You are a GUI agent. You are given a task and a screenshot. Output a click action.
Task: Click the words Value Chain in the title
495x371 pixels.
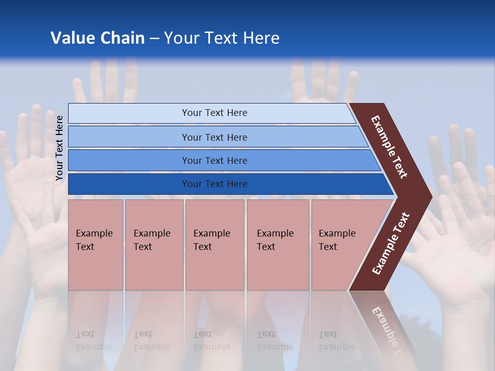tap(97, 38)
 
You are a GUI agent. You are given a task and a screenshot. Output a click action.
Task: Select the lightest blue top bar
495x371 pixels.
tap(129, 113)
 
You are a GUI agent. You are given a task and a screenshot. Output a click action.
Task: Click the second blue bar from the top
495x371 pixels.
tap(129, 137)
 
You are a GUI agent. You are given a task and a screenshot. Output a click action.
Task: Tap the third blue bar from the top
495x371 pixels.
tap(129, 161)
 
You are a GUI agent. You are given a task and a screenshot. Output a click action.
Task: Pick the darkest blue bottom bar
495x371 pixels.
tap(129, 184)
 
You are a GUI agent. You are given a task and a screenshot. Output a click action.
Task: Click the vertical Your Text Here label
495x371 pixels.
tap(59, 148)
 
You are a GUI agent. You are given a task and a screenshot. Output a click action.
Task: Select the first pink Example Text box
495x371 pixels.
tap(95, 245)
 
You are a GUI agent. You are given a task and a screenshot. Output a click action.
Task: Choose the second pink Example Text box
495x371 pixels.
tap(154, 245)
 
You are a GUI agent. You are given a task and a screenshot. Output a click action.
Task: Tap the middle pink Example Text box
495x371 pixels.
tap(214, 245)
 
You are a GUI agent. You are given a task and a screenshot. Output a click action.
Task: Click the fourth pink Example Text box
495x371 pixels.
tap(278, 245)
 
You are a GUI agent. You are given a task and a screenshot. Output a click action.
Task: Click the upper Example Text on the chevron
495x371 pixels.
tap(389, 147)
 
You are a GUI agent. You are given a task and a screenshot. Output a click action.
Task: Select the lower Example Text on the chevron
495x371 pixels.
tap(391, 244)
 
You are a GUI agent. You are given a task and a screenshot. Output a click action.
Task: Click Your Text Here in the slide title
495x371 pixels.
tap(222, 38)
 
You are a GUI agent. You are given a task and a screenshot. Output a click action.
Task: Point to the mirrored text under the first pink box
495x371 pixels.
tap(94, 341)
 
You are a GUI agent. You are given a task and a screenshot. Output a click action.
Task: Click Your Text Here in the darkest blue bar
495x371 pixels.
tap(214, 184)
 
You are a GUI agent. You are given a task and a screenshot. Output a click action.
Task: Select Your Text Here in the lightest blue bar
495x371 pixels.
tap(214, 113)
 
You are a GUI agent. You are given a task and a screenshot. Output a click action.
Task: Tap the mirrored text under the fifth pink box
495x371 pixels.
tap(337, 341)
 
